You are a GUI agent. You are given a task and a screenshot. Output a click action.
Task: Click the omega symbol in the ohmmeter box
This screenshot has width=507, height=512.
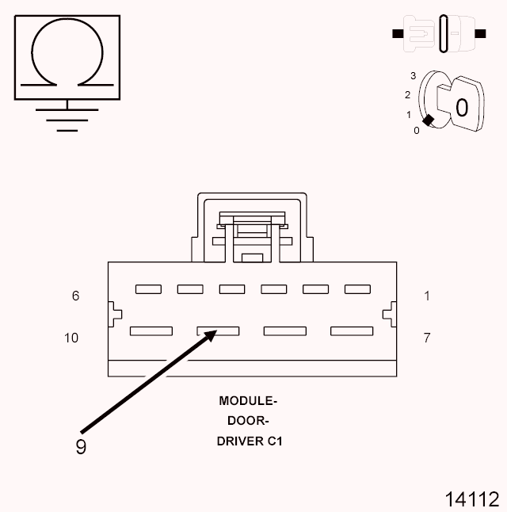67,54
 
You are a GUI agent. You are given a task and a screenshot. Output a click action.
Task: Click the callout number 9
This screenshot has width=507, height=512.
80,447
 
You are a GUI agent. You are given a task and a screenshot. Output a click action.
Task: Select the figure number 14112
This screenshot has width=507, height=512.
471,499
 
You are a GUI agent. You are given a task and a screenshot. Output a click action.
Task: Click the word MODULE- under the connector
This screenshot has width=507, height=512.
249,401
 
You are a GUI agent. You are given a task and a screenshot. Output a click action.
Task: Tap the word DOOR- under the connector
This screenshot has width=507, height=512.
249,421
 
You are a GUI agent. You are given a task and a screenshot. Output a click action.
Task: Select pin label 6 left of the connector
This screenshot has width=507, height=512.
76,296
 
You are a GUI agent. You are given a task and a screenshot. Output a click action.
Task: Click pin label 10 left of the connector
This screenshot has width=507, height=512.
71,338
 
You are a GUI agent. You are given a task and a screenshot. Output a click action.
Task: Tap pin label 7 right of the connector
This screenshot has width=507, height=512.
427,338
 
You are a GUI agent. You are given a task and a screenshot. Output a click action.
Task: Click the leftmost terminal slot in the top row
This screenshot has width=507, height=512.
148,289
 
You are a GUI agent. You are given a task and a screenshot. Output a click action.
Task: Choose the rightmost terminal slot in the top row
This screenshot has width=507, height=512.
358,289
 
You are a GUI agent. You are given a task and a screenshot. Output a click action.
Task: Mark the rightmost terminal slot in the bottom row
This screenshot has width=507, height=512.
352,331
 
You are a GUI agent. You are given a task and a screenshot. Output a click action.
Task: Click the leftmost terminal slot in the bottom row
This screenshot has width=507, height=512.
151,331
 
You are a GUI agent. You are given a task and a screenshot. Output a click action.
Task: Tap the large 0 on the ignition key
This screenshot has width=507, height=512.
461,107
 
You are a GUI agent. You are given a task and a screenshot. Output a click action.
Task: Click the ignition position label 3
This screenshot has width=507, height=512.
413,75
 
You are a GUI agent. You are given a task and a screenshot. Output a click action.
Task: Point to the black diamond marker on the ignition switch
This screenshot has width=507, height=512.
429,120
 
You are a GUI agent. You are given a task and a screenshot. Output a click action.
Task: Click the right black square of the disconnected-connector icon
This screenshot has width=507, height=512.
479,33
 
